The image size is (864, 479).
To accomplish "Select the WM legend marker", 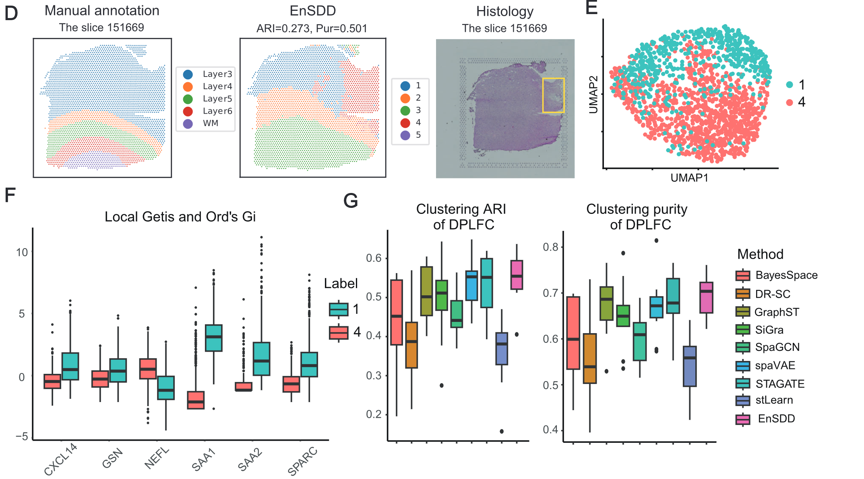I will pyautogui.click(x=188, y=124).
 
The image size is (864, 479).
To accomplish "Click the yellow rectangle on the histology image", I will pyautogui.click(x=553, y=95).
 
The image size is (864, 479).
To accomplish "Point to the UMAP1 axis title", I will pyautogui.click(x=689, y=178).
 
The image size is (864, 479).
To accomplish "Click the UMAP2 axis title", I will pyautogui.click(x=593, y=95).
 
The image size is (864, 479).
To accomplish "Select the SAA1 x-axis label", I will pyautogui.click(x=204, y=460).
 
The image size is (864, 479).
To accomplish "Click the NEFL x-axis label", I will pyautogui.click(x=157, y=458).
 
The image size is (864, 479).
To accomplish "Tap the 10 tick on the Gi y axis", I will pyautogui.click(x=22, y=253).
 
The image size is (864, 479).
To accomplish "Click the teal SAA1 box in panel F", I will pyautogui.click(x=213, y=338).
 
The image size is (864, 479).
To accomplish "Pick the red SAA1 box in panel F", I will pyautogui.click(x=196, y=400).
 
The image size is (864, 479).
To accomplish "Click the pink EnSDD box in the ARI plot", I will pyautogui.click(x=517, y=275).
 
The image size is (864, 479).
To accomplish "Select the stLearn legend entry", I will pyautogui.click(x=773, y=400).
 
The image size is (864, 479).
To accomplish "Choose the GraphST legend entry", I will pyautogui.click(x=776, y=312).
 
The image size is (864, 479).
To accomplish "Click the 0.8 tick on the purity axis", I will pyautogui.click(x=550, y=247).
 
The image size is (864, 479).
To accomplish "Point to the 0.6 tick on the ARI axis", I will pyautogui.click(x=374, y=258).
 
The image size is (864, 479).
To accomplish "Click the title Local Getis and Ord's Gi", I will pyautogui.click(x=180, y=217).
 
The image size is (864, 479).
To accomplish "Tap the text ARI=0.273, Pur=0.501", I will pyautogui.click(x=312, y=29).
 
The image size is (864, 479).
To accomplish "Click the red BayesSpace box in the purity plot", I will pyautogui.click(x=573, y=333).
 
